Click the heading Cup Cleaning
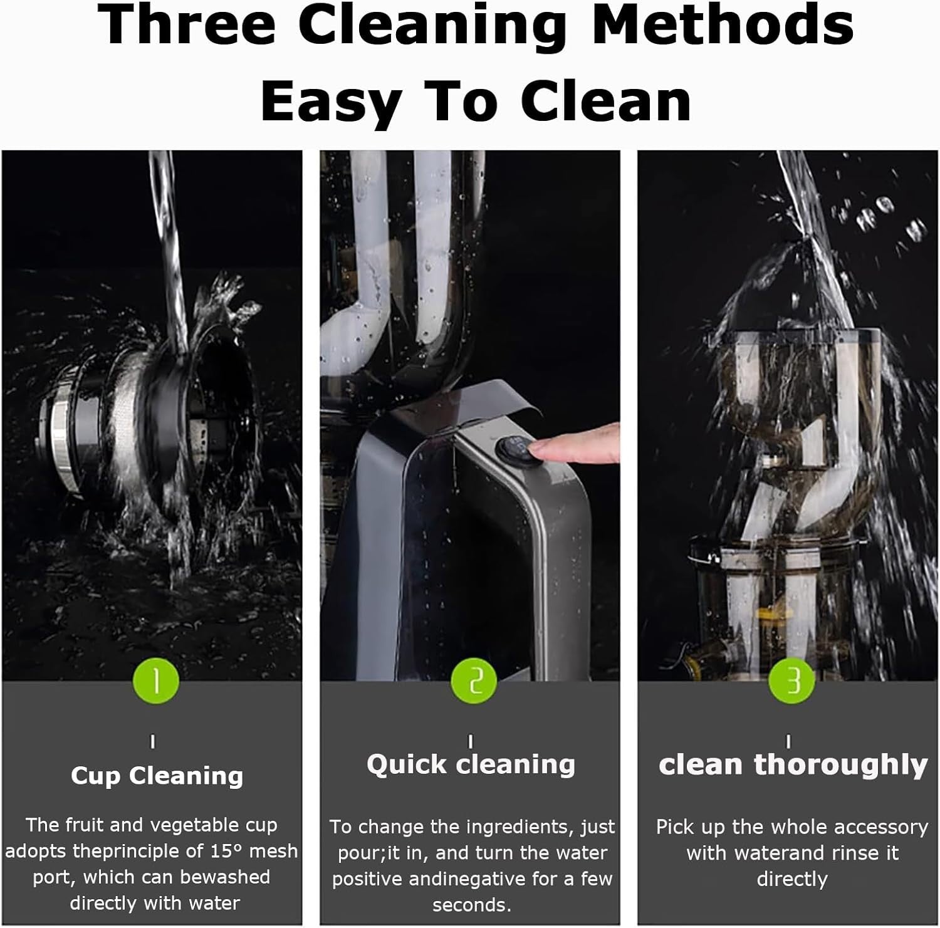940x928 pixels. [x=157, y=776]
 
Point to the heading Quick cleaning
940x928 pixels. [x=471, y=764]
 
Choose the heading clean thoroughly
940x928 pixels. [x=793, y=765]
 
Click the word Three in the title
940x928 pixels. [x=187, y=24]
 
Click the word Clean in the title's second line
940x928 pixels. [x=606, y=102]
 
